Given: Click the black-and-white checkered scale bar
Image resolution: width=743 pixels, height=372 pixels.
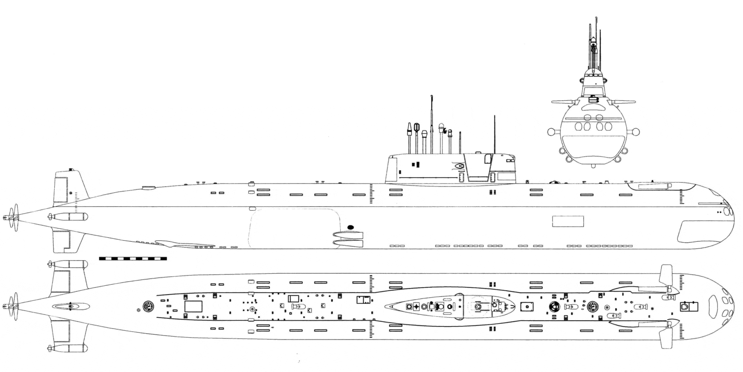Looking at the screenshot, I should click(x=133, y=259).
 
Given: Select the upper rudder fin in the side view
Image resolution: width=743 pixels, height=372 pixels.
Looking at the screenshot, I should click(x=68, y=188).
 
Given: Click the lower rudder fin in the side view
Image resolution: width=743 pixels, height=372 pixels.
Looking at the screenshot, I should click(x=66, y=241).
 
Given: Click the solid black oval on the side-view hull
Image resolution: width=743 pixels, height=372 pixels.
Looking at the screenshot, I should click(x=351, y=226).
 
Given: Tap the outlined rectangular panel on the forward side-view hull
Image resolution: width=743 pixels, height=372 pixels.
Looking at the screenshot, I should click(x=568, y=221).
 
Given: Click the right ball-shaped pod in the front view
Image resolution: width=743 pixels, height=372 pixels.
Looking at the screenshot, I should click(x=636, y=132).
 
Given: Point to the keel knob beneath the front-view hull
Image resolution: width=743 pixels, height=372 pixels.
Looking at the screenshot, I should click(x=594, y=166).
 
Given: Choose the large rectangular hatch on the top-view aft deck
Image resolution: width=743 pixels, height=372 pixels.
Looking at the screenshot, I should click(x=193, y=306).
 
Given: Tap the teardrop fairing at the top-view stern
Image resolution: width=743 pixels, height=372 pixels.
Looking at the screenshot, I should click(x=71, y=306).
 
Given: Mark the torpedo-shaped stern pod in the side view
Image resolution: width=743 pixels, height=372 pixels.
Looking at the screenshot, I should click(x=69, y=217).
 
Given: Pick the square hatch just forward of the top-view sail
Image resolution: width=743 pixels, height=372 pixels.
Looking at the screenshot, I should click(x=527, y=307).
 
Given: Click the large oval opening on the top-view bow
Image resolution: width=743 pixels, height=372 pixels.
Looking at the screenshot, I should click(x=713, y=307).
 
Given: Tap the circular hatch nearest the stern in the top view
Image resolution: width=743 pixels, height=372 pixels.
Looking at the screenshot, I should click(x=149, y=306).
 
